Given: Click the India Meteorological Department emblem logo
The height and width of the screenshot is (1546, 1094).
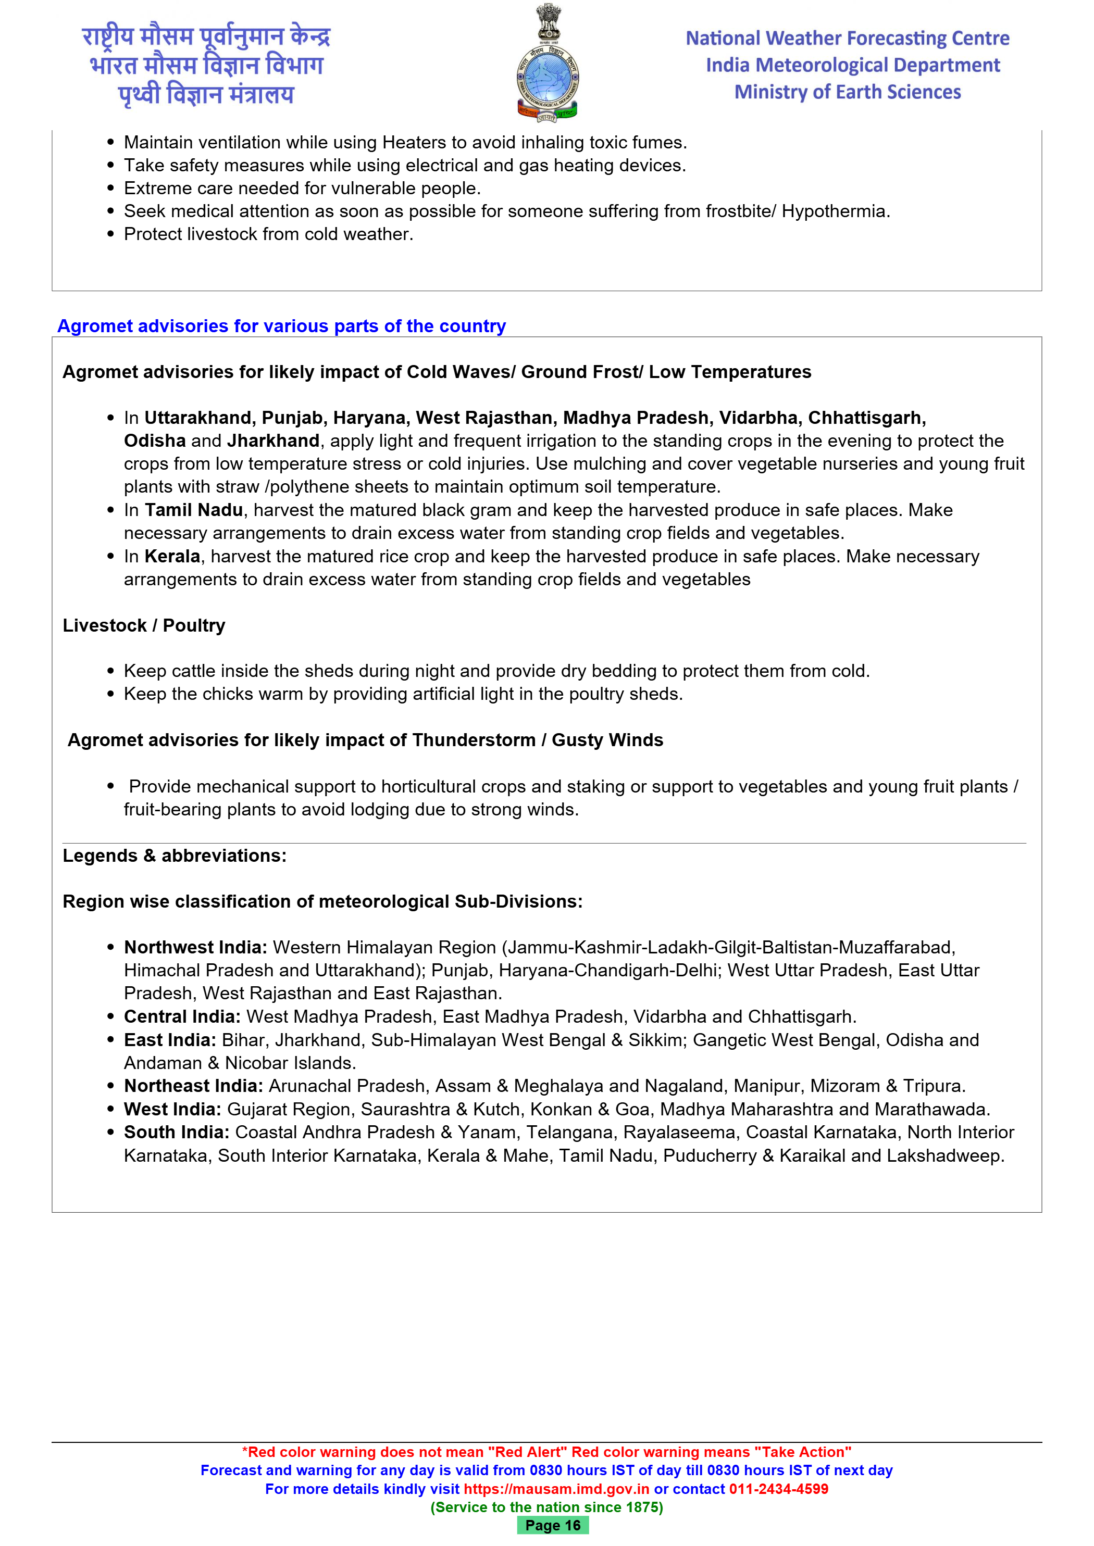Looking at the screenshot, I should point(547,64).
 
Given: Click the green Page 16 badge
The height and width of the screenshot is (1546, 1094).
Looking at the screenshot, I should point(552,1525).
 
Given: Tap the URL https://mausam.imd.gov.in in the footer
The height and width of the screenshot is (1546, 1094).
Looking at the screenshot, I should point(556,1489).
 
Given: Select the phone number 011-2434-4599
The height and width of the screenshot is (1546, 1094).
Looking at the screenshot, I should point(778,1489).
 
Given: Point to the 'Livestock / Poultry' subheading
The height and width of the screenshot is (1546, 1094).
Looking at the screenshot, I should point(143,625).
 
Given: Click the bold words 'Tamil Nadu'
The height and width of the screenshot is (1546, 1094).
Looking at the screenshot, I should point(193,510).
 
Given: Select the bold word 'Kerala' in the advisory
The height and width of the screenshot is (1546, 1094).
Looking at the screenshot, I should point(172,556).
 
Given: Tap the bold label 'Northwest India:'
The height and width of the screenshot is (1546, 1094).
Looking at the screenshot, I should point(195,947).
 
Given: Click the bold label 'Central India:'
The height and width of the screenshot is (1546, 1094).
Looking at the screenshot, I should point(182,1017).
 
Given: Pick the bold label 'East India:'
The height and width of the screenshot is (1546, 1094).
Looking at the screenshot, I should point(170,1040).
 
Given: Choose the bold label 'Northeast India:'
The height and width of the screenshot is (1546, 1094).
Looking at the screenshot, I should point(193,1086).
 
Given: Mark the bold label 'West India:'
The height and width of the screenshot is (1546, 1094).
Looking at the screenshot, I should point(172,1109).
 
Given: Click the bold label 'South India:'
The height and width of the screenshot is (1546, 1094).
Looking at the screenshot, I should point(177,1133).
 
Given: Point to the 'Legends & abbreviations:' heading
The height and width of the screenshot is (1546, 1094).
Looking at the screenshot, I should point(175,856).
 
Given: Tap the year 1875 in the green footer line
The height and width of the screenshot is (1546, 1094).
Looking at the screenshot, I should point(641,1507).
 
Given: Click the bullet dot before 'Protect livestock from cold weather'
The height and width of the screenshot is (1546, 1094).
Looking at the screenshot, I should point(110,234).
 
